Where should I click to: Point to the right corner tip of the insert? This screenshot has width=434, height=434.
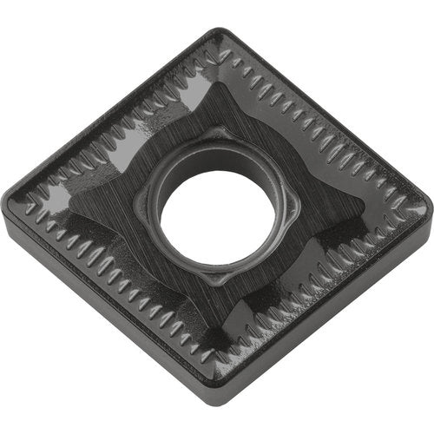pyautogui.click(x=425, y=207)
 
